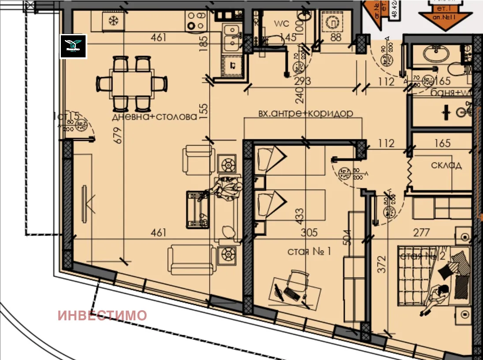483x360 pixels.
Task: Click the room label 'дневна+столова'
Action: click(154, 117)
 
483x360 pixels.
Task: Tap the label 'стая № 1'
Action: click(309, 251)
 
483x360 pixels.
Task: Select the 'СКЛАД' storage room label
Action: click(446, 165)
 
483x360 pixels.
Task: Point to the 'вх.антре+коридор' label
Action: click(306, 113)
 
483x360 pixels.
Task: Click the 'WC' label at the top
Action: click(281, 23)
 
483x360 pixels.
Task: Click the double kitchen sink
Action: click(231, 37)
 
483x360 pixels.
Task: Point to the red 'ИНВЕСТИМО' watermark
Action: click(102, 315)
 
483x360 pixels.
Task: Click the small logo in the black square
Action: click(73, 46)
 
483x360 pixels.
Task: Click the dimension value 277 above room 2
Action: click(422, 232)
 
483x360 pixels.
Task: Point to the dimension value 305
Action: click(310, 232)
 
